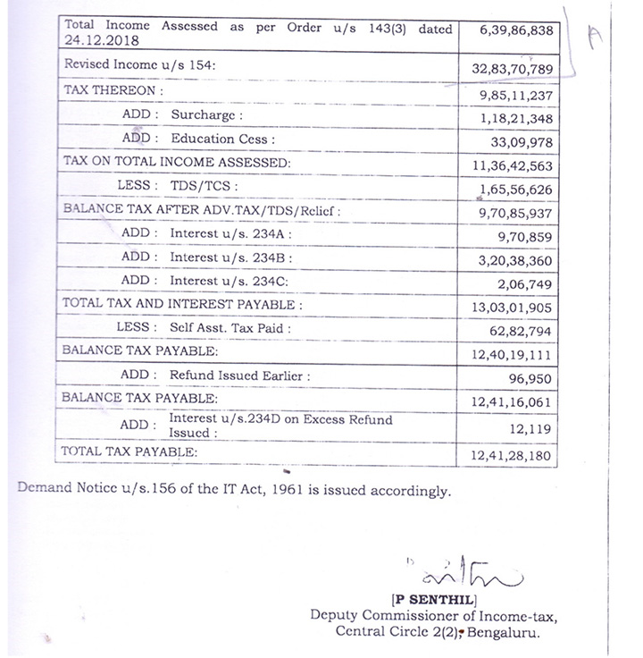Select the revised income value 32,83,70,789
517,68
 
